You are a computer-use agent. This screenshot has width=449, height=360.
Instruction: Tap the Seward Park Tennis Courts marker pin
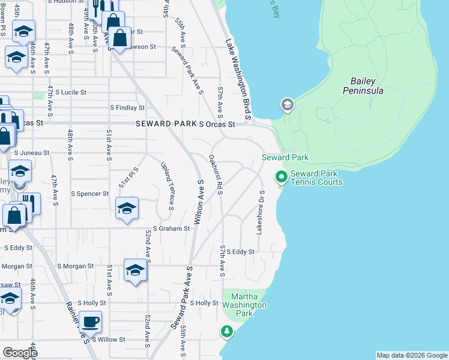tap(280, 177)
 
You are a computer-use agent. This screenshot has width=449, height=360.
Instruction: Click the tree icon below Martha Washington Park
tap(227, 331)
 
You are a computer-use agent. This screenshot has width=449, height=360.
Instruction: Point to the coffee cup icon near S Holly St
tap(90, 322)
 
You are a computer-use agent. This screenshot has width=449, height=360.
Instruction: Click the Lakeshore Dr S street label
tap(261, 212)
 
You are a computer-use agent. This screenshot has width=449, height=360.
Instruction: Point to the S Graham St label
tap(171, 229)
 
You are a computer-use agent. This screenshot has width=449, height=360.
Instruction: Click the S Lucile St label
tap(71, 93)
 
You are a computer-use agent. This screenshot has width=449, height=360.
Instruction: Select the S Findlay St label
tap(127, 108)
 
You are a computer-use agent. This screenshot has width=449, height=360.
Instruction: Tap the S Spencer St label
tap(90, 194)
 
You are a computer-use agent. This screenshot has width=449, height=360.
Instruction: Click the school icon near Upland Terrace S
tap(127, 208)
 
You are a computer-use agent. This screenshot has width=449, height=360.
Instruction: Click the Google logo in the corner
tap(20, 353)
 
